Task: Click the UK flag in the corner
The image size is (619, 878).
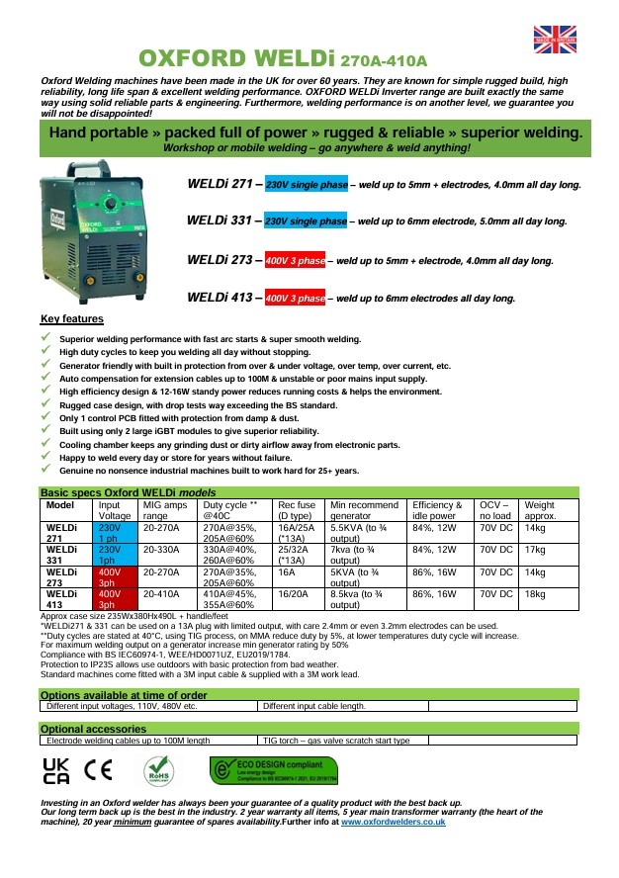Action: (555, 39)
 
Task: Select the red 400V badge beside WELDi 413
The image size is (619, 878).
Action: (295, 298)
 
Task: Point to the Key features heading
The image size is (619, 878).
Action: (71, 319)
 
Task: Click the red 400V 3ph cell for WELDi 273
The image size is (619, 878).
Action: (113, 576)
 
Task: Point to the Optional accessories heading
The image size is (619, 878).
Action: (94, 728)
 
